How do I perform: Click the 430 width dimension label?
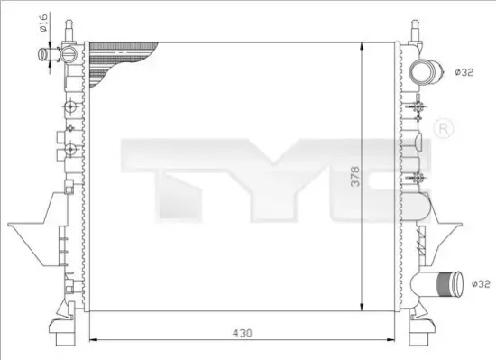point(242,334)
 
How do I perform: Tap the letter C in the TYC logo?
point(355,180)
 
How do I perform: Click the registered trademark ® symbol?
point(443,129)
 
